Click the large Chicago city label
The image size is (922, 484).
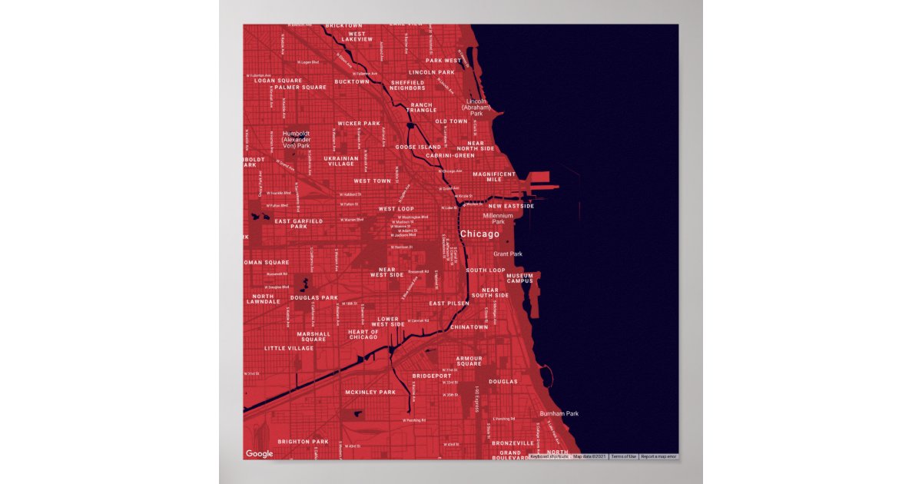pyautogui.click(x=479, y=234)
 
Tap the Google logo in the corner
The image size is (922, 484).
pyautogui.click(x=259, y=454)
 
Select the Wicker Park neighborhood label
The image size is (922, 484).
pyautogui.click(x=359, y=123)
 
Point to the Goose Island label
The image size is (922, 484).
pyautogui.click(x=418, y=147)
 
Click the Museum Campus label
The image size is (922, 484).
pyautogui.click(x=519, y=278)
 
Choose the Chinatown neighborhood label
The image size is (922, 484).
pyautogui.click(x=469, y=327)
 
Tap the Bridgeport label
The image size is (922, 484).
pyautogui.click(x=432, y=376)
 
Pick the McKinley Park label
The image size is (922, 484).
pyautogui.click(x=370, y=392)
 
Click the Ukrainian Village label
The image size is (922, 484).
pyautogui.click(x=341, y=161)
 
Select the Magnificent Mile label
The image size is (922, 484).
pyautogui.click(x=494, y=177)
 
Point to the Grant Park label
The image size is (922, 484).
pyautogui.click(x=507, y=254)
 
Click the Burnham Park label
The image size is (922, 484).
pyautogui.click(x=559, y=413)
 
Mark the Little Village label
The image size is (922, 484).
pyautogui.click(x=289, y=348)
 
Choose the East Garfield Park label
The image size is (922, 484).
pyautogui.click(x=299, y=224)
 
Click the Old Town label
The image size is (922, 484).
pyautogui.click(x=451, y=121)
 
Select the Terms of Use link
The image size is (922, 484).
pyautogui.click(x=623, y=456)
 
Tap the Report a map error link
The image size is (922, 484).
pyautogui.click(x=658, y=456)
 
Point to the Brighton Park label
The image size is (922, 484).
pyautogui.click(x=303, y=442)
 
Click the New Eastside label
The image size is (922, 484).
pyautogui.click(x=511, y=206)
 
